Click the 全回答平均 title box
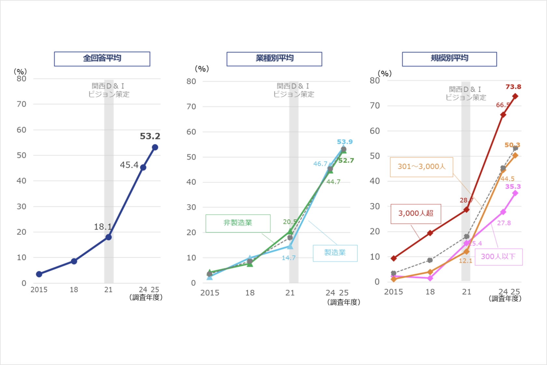click(x=102, y=59)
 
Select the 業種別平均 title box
click(x=274, y=59)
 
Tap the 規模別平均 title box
click(x=449, y=59)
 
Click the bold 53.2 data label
click(x=150, y=136)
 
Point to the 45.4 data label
click(x=129, y=165)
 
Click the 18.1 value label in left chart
click(x=103, y=227)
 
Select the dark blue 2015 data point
click(x=39, y=274)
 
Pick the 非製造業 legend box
click(x=238, y=223)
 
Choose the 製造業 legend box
click(x=335, y=253)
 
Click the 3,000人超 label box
click(x=416, y=213)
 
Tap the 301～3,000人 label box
click(x=421, y=167)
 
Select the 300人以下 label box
click(x=498, y=257)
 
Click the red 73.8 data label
click(x=513, y=87)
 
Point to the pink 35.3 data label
click(x=513, y=187)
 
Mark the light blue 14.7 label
click(x=288, y=258)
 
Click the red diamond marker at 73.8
click(x=515, y=96)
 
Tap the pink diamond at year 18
click(x=430, y=278)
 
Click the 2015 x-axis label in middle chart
click(x=210, y=293)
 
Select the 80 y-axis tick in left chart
click(x=21, y=79)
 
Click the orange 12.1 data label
click(x=465, y=261)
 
